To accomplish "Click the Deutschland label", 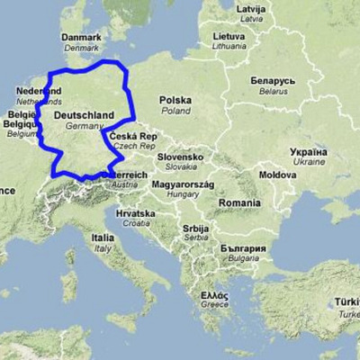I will pos(84,115).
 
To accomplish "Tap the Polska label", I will pos(175,100).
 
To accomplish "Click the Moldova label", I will pos(278,174).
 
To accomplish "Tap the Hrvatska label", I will pos(135,213).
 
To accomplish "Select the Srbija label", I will pos(195,229).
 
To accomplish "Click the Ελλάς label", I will pos(214,294).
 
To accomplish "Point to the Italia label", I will pos(102,238).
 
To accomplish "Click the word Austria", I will pos(124,184).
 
